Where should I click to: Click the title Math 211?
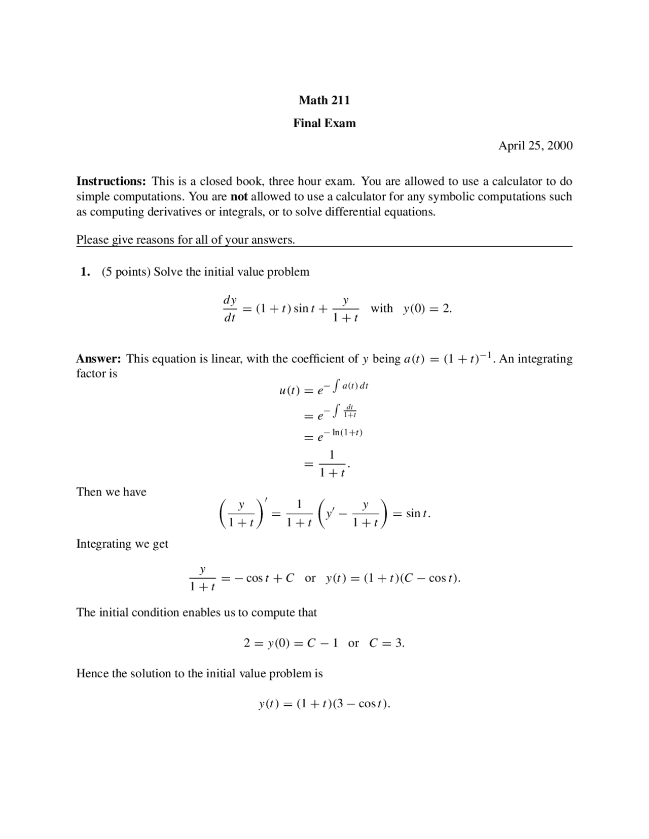[x=324, y=100]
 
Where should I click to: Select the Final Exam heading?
[x=324, y=123]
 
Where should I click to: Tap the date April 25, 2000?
[x=535, y=146]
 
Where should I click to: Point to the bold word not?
[x=239, y=197]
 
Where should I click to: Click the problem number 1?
[x=85, y=272]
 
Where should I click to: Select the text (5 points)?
[x=126, y=272]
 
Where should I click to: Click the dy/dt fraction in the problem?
[x=230, y=309]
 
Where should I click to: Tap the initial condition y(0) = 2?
[x=427, y=309]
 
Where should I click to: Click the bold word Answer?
[x=98, y=359]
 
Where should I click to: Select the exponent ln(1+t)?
[x=347, y=433]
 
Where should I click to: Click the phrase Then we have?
[x=111, y=492]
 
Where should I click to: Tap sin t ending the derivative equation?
[x=417, y=514]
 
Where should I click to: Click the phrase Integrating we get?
[x=122, y=544]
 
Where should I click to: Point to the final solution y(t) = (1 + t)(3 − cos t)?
[x=324, y=704]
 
